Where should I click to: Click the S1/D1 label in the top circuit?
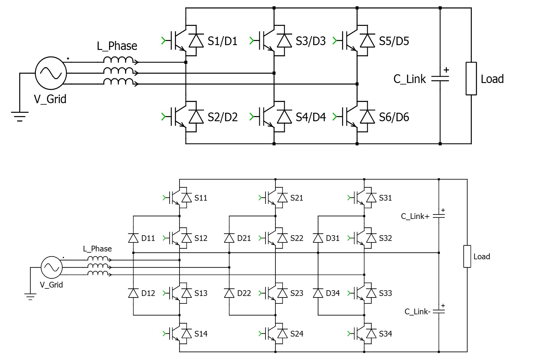(x=222, y=41)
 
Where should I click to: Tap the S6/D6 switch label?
(x=394, y=117)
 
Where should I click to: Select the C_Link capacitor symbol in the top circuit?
(x=440, y=79)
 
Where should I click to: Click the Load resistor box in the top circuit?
(x=471, y=78)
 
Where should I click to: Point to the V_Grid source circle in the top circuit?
(x=51, y=73)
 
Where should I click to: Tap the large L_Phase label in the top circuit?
(x=117, y=46)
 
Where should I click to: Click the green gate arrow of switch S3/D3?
(x=252, y=41)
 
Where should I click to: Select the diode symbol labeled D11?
(x=133, y=238)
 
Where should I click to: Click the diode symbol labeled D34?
(x=318, y=293)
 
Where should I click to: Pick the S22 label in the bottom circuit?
(x=296, y=238)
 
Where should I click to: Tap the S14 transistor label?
(x=201, y=334)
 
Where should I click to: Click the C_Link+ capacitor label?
(x=415, y=217)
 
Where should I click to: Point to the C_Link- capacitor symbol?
(x=439, y=312)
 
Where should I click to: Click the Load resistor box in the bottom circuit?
(x=467, y=256)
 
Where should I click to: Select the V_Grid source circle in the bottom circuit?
(x=52, y=267)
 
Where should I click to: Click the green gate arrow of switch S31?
(x=349, y=198)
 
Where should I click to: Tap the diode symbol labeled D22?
(x=229, y=293)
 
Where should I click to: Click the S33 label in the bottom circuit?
(x=385, y=293)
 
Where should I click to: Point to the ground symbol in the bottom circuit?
(x=30, y=297)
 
